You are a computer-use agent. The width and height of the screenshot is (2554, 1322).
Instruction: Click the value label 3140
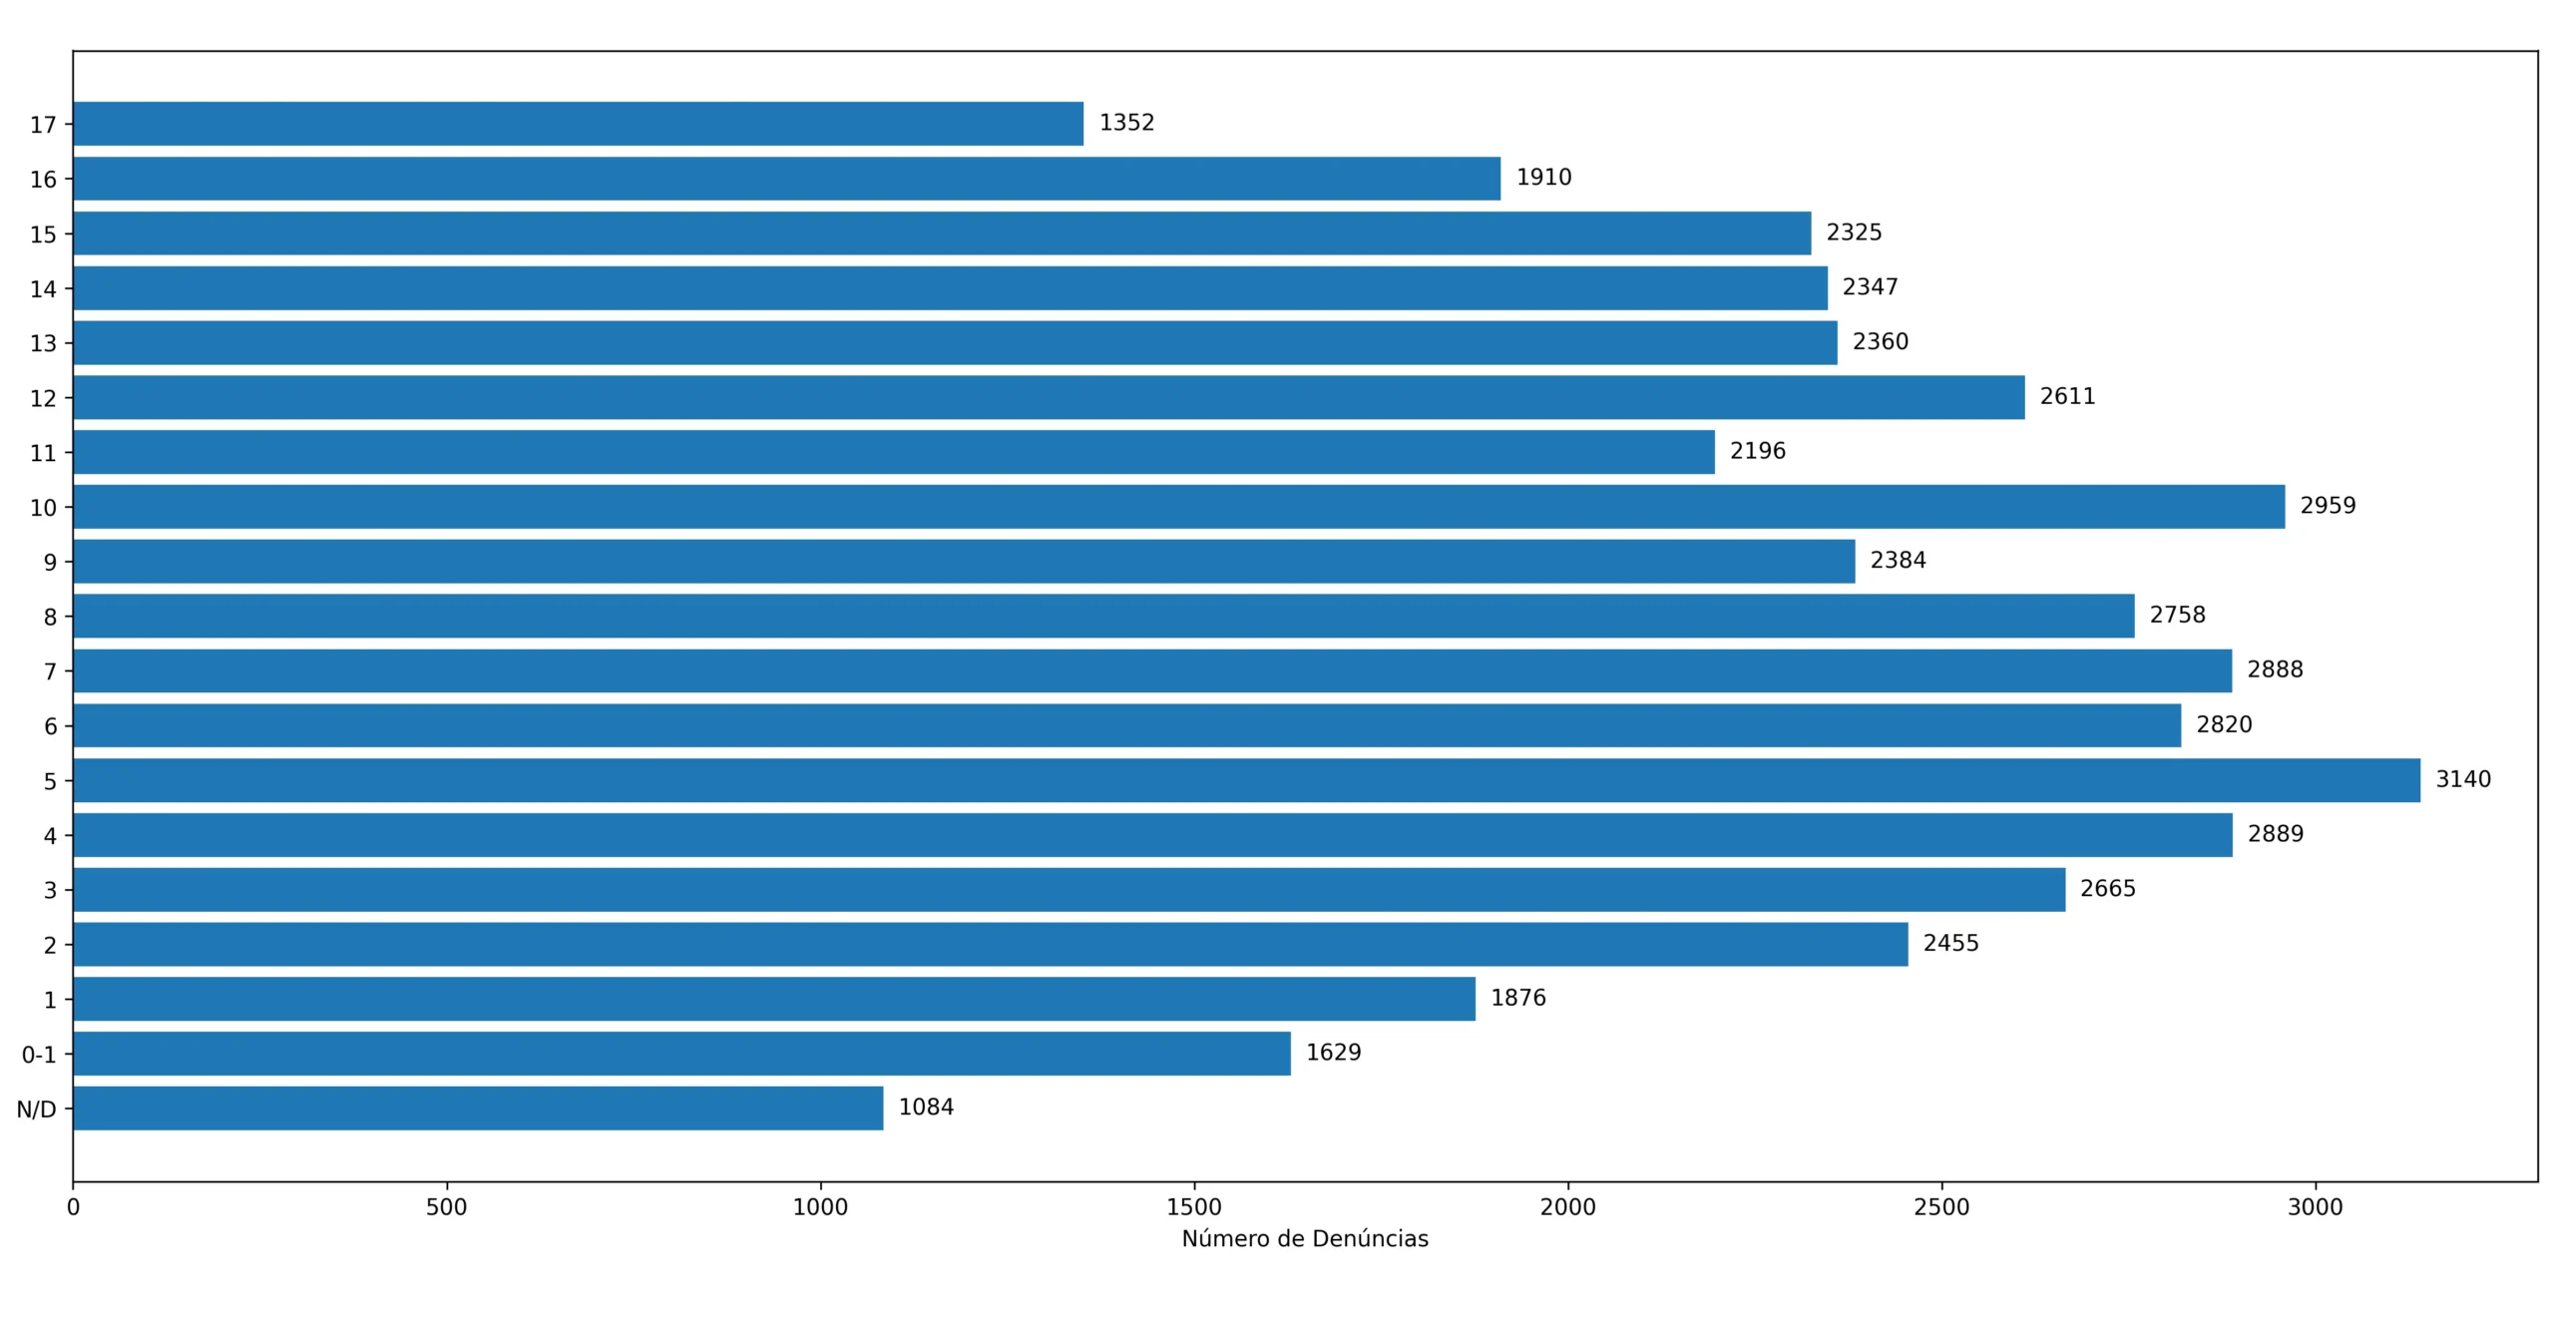click(2462, 779)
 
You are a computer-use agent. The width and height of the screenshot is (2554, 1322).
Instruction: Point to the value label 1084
click(926, 1106)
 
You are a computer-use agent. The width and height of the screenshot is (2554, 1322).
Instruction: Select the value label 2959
click(2327, 506)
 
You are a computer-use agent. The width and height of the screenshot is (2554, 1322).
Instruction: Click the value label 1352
click(1126, 123)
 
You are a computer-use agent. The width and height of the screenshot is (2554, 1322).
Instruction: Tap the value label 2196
click(1757, 451)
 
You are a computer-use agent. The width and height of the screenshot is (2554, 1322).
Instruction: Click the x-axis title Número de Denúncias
click(1304, 1238)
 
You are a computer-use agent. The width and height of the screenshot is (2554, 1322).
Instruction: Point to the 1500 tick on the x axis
click(1193, 1207)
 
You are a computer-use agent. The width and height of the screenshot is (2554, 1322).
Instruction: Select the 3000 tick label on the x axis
click(2315, 1207)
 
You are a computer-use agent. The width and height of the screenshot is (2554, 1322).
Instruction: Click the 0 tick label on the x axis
click(73, 1207)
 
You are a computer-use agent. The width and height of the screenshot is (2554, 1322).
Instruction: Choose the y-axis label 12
click(43, 398)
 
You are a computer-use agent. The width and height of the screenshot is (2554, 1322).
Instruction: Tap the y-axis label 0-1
click(39, 1054)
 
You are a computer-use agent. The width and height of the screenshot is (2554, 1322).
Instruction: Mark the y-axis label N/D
click(36, 1108)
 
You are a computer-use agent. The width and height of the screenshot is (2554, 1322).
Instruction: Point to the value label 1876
click(1517, 998)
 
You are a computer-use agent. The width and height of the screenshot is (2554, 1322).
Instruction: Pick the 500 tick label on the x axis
click(446, 1207)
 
